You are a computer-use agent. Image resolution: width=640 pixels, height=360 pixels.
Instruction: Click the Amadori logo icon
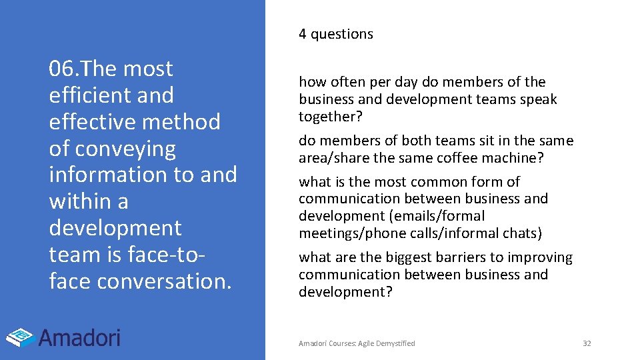(21, 337)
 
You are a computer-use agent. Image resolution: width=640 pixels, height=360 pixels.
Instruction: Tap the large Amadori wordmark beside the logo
(79, 337)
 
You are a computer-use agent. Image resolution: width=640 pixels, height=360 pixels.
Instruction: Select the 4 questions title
(336, 34)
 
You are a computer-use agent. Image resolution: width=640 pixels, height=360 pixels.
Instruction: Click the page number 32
(587, 343)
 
